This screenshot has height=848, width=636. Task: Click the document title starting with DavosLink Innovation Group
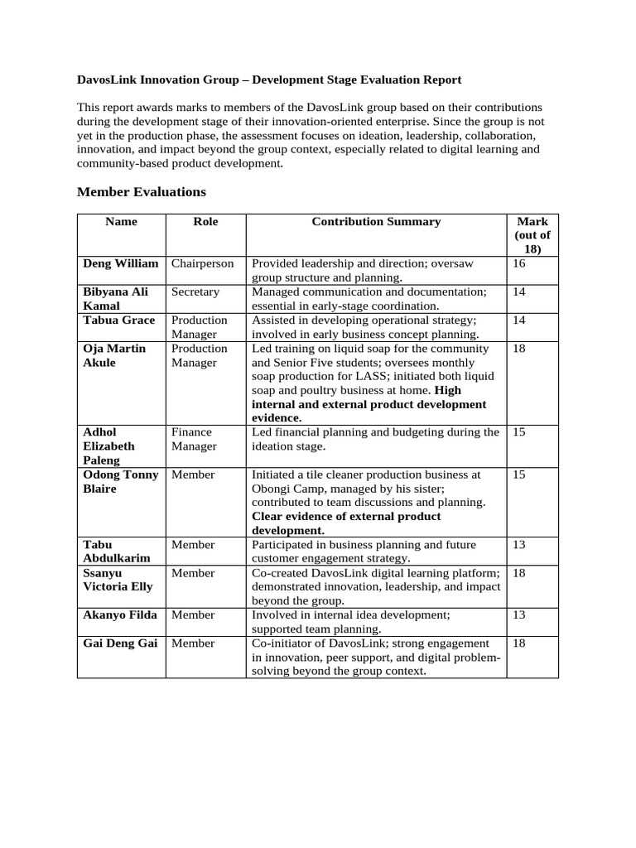(269, 79)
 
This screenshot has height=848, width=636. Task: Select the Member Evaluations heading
(142, 191)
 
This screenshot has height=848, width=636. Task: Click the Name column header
(122, 221)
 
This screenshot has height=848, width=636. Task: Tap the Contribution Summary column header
(376, 221)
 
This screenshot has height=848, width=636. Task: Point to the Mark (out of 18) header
(532, 235)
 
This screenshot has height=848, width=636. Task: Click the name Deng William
(121, 263)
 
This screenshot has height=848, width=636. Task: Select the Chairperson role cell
(203, 263)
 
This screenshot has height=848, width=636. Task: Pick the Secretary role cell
(195, 291)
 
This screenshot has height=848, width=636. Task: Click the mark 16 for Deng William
(519, 263)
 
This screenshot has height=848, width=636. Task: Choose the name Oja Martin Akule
(115, 355)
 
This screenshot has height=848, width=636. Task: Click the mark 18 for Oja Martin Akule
(519, 349)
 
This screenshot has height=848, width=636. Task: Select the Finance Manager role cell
(193, 439)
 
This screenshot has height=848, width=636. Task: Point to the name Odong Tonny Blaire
(121, 481)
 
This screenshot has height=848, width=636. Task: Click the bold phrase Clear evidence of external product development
(346, 523)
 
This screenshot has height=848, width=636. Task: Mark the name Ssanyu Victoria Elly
(118, 580)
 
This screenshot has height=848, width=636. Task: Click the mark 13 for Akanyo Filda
(519, 614)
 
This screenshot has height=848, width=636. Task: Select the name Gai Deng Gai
(120, 643)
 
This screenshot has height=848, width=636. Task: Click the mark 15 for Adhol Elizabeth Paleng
(519, 432)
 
